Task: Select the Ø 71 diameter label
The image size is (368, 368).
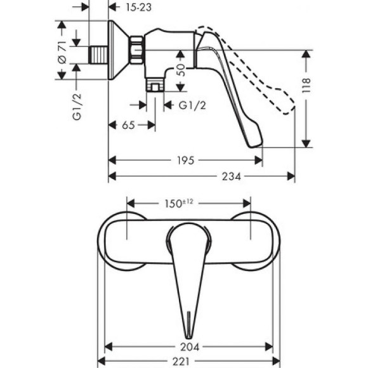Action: (62, 51)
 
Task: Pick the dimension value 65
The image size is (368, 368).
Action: (128, 126)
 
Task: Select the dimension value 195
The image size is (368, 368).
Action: (185, 161)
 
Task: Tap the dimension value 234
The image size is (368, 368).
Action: (232, 176)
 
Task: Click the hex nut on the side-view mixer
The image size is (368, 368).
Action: (135, 49)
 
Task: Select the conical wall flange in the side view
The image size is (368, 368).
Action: (114, 51)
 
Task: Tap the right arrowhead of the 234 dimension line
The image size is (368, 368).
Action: (292, 176)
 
